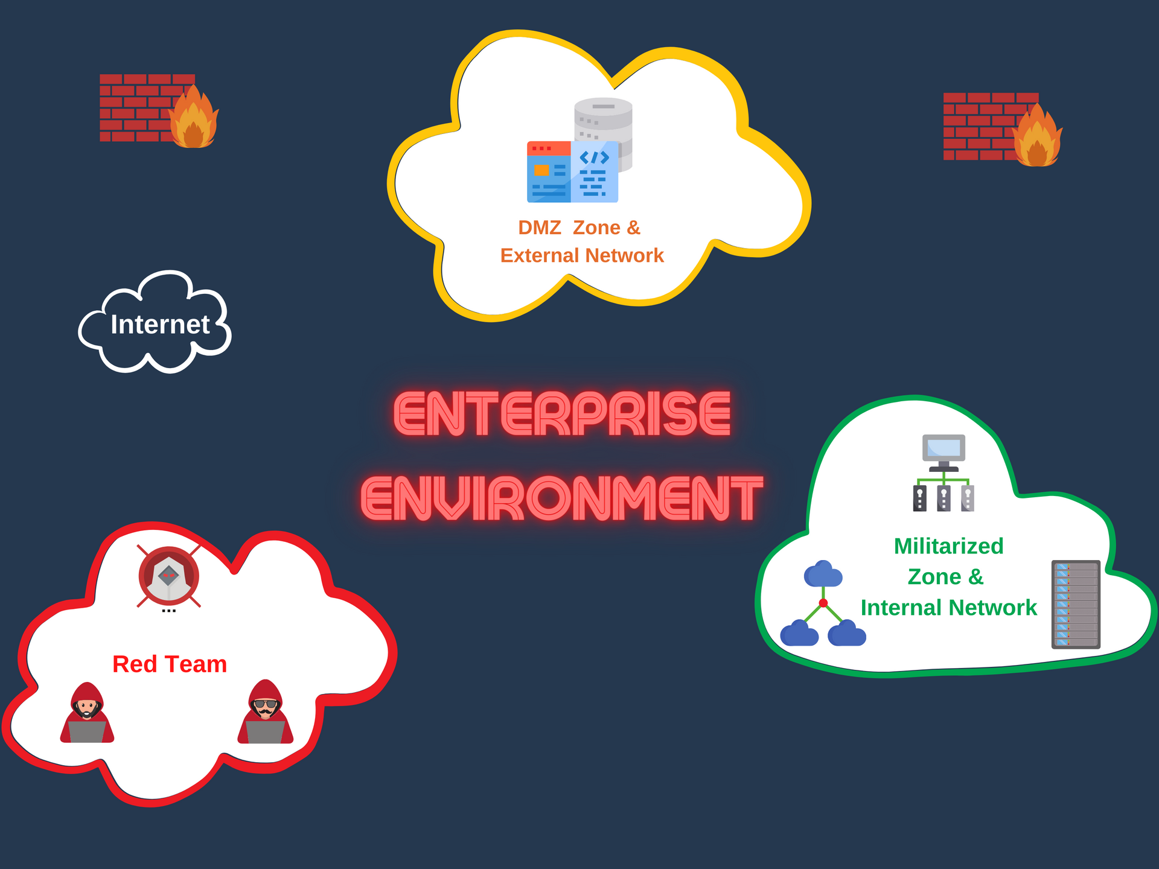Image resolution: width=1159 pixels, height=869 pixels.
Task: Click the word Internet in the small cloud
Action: [160, 325]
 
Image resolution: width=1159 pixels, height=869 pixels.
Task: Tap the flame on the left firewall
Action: [193, 121]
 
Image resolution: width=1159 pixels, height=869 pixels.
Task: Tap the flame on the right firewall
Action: [1037, 139]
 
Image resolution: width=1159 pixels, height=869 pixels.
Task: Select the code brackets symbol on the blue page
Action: [594, 158]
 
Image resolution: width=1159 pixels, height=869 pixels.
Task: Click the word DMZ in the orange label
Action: [539, 228]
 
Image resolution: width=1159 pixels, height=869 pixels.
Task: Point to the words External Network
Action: [582, 255]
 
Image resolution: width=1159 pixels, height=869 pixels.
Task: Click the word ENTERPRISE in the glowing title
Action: [562, 414]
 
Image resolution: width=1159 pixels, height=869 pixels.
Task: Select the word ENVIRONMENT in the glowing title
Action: [562, 498]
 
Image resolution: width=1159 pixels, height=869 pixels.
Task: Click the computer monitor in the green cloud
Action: [943, 450]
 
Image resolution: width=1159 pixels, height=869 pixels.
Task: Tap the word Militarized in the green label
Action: [948, 546]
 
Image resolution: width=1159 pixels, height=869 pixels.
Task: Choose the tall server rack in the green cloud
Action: [1076, 604]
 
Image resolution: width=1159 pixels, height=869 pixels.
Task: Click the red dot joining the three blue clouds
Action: [823, 603]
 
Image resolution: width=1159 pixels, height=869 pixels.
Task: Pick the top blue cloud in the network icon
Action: [823, 575]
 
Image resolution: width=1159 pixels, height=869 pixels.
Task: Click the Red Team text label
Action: [170, 664]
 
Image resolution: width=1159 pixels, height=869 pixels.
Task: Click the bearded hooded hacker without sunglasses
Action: [87, 713]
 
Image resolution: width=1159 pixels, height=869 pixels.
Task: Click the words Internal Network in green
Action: [948, 608]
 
